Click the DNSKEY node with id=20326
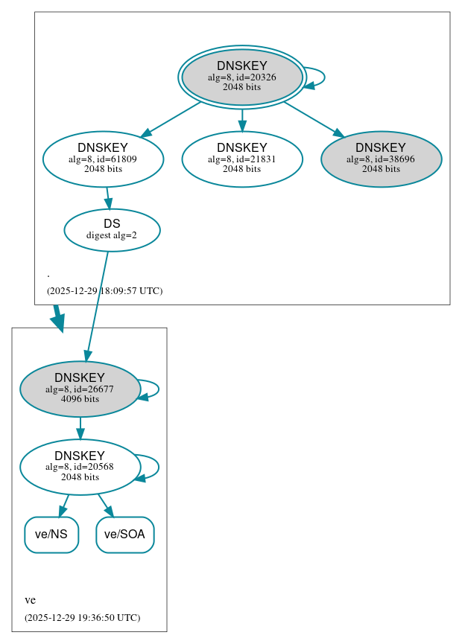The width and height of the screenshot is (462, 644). click(241, 77)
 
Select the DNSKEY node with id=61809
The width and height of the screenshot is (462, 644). click(103, 159)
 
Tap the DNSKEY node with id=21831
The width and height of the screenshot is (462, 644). click(241, 159)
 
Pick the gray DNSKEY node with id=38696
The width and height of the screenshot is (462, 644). click(381, 159)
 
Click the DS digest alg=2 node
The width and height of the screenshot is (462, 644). click(112, 229)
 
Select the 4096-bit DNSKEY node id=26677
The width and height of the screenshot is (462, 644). click(80, 389)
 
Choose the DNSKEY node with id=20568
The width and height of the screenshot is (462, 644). click(80, 467)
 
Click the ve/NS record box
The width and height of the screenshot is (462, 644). click(51, 535)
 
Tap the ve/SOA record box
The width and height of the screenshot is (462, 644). click(124, 535)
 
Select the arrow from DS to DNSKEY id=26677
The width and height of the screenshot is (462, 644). click(98, 305)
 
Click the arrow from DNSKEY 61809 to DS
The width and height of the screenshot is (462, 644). click(108, 198)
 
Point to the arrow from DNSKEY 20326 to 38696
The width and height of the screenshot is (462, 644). click(313, 119)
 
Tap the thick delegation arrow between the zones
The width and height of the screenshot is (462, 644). click(57, 318)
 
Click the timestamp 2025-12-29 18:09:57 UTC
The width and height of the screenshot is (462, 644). click(104, 290)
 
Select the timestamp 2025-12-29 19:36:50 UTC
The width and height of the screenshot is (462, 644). click(82, 617)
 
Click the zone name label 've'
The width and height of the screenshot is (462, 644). click(30, 600)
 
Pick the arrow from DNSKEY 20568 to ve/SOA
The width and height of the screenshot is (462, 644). click(105, 505)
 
